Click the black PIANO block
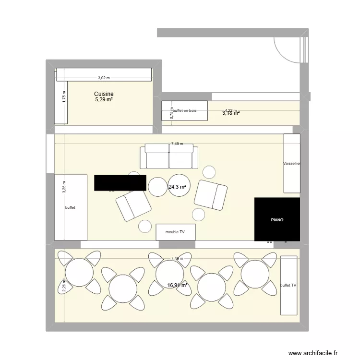[277, 219]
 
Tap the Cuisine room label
[104, 94]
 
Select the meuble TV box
[176, 232]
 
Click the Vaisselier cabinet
[292, 163]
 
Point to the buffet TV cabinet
[288, 285]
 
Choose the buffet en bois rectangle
[185, 110]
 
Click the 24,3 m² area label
[177, 187]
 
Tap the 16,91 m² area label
[177, 285]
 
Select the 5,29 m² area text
[104, 100]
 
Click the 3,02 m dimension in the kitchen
[104, 78]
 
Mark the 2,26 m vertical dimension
[64, 285]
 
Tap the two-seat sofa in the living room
[169, 156]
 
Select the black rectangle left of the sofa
[120, 182]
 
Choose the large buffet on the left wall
[71, 207]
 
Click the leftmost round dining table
[79, 273]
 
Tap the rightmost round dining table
[255, 275]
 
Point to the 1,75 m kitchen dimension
[64, 96]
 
